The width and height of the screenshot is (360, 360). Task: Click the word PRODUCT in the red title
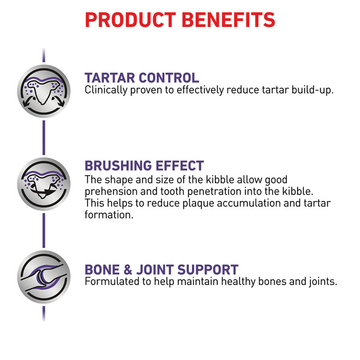130,20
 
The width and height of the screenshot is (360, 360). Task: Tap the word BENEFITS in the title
229,20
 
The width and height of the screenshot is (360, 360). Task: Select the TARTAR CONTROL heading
142,77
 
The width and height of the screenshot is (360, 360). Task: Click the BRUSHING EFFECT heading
144,166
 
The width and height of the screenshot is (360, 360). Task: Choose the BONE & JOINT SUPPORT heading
161,269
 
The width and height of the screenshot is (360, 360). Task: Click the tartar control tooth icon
44,91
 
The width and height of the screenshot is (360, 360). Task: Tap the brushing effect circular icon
44,184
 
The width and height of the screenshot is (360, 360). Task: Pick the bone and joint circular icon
44,277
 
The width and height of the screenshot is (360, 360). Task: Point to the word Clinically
106,90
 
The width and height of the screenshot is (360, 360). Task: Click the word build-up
313,90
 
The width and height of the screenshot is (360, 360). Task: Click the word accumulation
248,203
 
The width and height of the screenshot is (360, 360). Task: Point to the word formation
109,215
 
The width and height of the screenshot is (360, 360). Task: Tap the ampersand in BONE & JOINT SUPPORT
128,269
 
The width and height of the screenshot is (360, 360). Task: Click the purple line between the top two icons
44,137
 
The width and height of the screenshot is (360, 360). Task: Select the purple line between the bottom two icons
44,230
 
